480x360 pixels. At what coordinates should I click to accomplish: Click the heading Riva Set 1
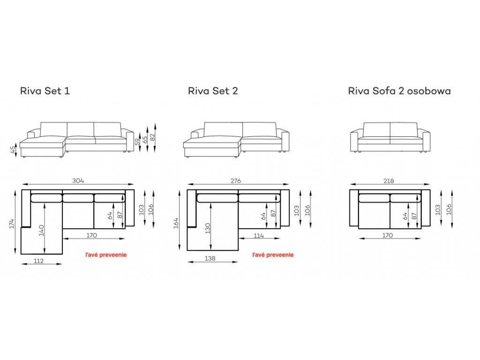45,91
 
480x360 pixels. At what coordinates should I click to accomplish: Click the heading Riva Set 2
213,91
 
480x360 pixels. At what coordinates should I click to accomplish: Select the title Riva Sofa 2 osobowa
399,91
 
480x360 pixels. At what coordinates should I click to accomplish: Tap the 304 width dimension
78,180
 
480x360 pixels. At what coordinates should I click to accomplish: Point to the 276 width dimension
236,181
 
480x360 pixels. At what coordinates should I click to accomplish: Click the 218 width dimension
389,181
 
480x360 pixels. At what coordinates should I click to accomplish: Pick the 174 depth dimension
12,224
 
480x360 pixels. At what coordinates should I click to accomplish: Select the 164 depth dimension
176,223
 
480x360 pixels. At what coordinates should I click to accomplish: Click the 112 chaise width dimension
38,261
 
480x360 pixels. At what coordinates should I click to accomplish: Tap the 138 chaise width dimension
210,258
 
